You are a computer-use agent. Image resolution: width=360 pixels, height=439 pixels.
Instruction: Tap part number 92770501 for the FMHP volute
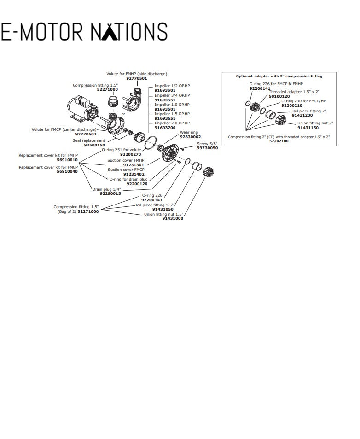point(137,78)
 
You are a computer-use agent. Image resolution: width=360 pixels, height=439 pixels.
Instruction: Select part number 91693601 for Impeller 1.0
point(165,109)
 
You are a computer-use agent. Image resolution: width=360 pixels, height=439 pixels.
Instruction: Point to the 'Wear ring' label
point(189,132)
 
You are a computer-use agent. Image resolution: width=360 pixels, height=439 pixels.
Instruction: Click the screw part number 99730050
point(207,148)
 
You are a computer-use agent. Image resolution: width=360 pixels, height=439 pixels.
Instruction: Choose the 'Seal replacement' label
point(89,140)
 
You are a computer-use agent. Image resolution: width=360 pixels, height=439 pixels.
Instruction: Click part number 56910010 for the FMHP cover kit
point(67,160)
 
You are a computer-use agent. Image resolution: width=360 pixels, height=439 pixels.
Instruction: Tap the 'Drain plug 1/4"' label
point(106,189)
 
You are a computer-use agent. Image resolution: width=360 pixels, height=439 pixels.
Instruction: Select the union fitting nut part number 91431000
point(173,218)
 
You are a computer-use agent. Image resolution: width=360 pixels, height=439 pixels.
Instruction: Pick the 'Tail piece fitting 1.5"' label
point(154,205)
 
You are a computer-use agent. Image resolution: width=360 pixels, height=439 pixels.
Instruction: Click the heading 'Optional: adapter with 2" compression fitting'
point(279,76)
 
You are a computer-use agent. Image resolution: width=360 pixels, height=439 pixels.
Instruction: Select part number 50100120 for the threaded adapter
point(279,96)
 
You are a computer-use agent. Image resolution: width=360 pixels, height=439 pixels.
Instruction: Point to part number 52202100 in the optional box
point(279,141)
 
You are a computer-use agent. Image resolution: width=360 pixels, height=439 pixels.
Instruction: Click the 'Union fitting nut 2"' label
point(315,123)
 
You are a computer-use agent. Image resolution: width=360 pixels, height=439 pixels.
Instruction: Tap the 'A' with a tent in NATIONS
point(107,31)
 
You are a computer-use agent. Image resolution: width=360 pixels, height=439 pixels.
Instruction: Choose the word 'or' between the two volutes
point(123,114)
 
